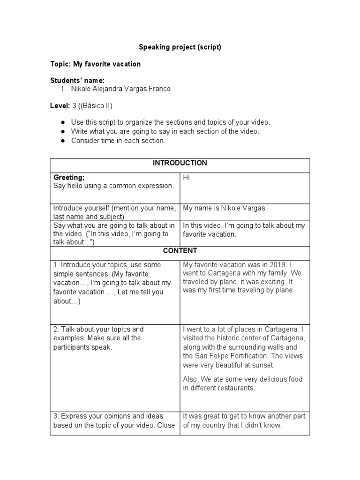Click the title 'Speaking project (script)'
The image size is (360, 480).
coord(180,47)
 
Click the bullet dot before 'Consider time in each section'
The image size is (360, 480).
coord(62,141)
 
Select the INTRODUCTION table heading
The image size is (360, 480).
coord(180,163)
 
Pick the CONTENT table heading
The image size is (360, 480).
coord(180,251)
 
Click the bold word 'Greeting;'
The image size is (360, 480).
coord(68,178)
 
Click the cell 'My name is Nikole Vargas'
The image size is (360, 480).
coord(224,208)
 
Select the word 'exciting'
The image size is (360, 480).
coord(270,282)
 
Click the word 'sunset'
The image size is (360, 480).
coord(263,365)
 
